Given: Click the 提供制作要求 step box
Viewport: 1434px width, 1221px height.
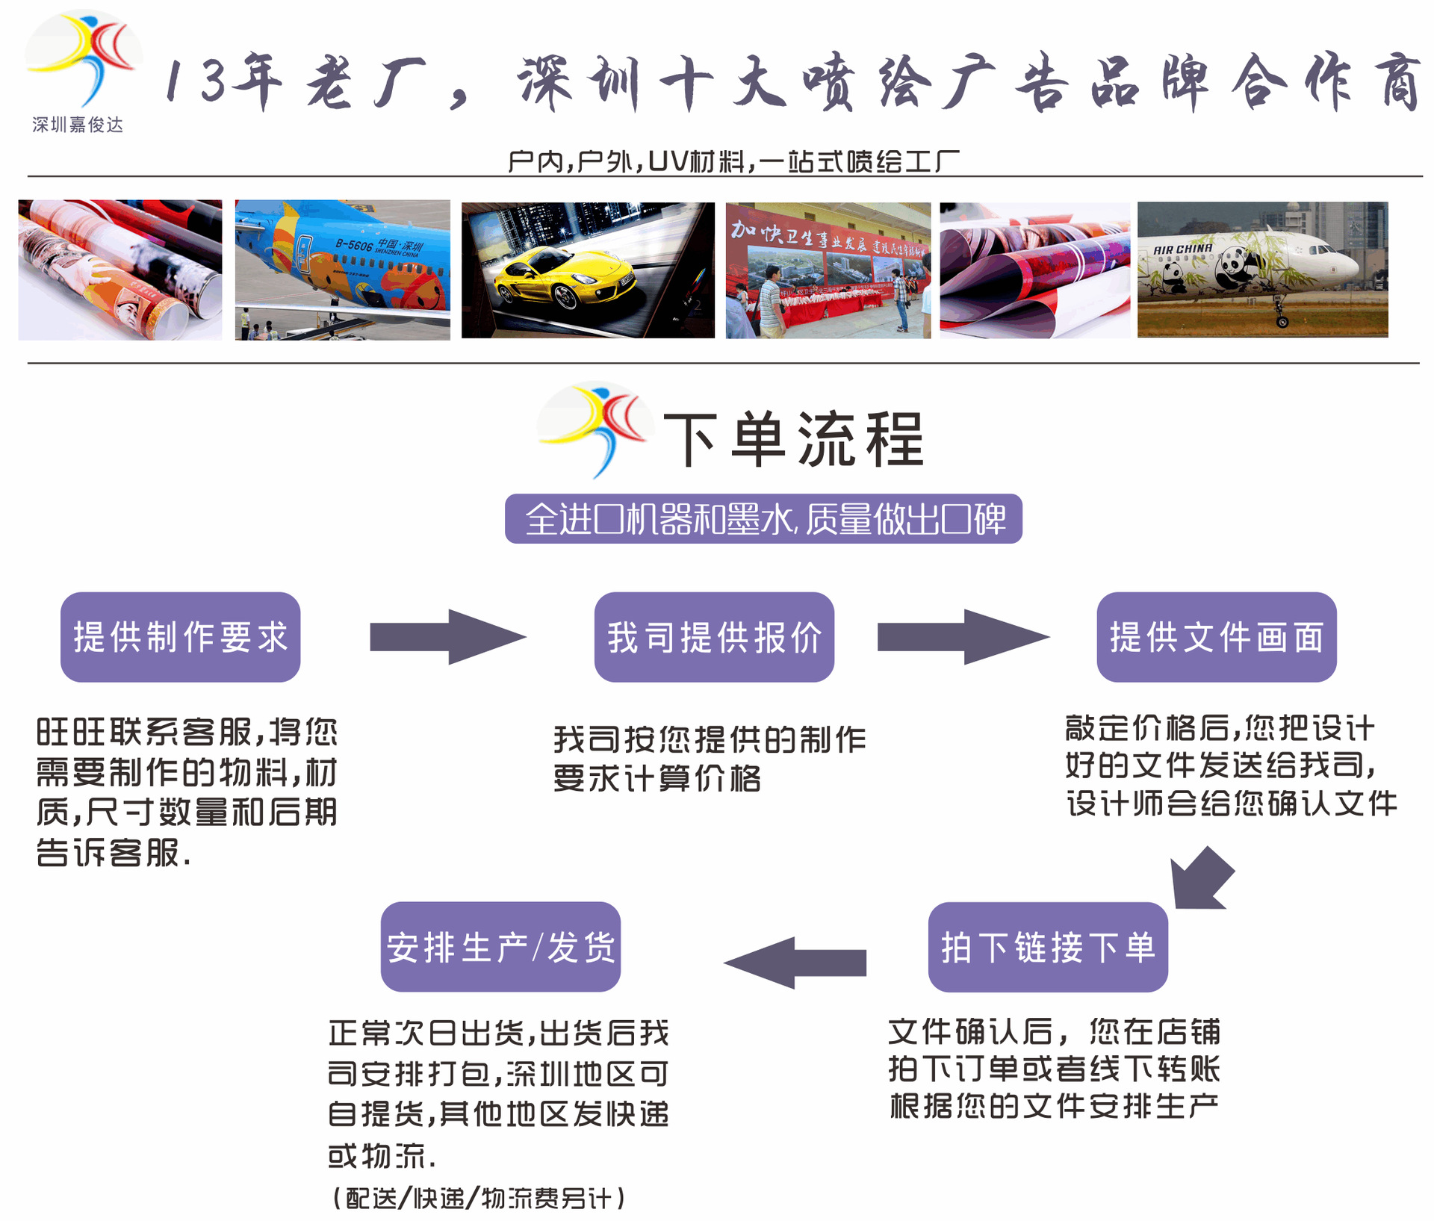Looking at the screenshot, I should [x=180, y=637].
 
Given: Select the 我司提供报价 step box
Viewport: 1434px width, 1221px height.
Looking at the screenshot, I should [x=714, y=637].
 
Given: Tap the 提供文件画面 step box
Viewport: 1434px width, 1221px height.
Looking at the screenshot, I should [x=1216, y=637].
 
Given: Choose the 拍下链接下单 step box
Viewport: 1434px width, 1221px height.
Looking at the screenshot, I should [x=1048, y=947].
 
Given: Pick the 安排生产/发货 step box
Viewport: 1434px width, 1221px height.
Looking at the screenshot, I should [x=500, y=947].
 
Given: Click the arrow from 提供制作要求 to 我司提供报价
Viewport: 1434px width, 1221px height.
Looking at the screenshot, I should [x=447, y=637].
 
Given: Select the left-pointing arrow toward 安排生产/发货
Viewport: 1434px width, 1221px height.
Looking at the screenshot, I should [x=796, y=963].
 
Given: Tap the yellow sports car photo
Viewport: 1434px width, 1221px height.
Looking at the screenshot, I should [x=588, y=270].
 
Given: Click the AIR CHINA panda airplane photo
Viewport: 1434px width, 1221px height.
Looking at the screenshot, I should [x=1262, y=270].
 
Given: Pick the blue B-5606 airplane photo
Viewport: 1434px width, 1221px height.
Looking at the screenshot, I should [x=342, y=270].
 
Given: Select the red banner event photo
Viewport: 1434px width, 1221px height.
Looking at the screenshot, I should [x=828, y=270].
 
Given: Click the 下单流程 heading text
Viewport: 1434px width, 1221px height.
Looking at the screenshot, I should [x=793, y=440].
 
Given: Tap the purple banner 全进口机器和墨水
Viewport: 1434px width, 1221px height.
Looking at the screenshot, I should [x=763, y=519].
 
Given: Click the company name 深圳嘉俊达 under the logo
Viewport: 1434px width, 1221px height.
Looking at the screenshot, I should [x=78, y=125].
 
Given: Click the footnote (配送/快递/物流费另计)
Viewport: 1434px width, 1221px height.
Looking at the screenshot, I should [x=478, y=1198].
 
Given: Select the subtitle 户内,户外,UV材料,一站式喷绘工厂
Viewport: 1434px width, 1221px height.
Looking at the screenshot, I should [x=733, y=161].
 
